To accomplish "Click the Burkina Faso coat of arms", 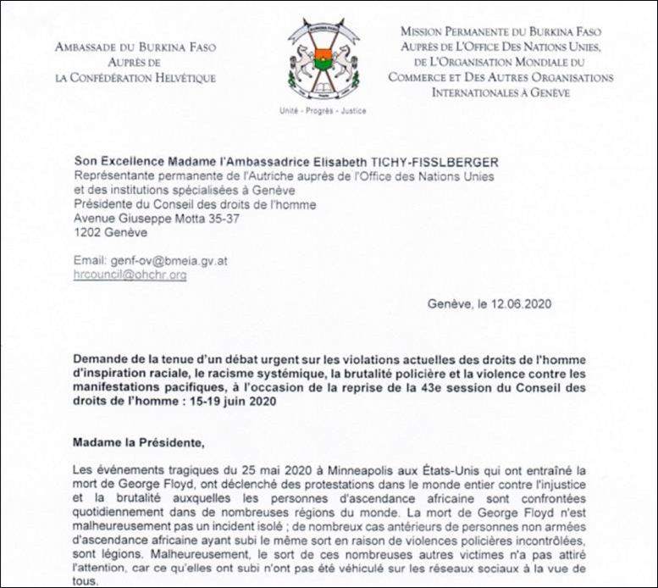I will click(x=323, y=59).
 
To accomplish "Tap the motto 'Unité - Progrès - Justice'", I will click(x=323, y=111).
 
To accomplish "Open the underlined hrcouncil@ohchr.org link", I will click(x=130, y=275).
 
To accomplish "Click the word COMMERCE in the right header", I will click(x=425, y=77).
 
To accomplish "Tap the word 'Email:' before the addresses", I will click(x=91, y=262).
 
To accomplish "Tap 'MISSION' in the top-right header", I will click(x=427, y=31).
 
